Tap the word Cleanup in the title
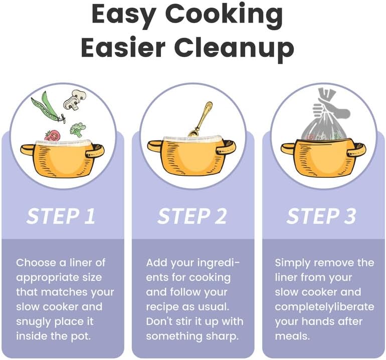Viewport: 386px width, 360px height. (234, 48)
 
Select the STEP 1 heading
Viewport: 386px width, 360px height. (61, 216)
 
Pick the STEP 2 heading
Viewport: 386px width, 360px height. (192, 216)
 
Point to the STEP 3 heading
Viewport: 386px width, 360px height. (321, 216)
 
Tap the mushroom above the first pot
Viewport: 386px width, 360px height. (75, 100)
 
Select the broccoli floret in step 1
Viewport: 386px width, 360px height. (78, 130)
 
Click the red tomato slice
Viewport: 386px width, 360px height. (53, 136)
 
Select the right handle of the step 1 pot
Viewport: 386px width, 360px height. (95, 151)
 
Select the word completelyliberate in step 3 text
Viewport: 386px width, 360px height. (324, 307)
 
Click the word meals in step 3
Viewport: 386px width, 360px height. (292, 336)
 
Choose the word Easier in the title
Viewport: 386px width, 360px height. (123, 48)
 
